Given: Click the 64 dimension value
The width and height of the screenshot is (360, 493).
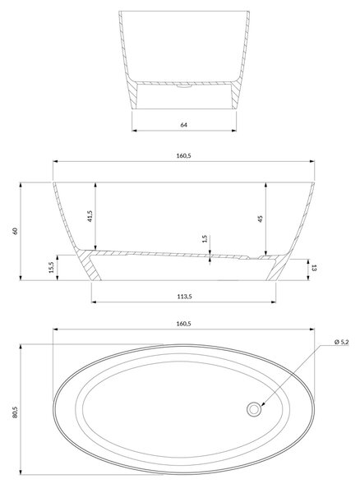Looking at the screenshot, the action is (x=183, y=125).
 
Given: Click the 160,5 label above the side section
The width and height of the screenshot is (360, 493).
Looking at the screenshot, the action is (x=183, y=155).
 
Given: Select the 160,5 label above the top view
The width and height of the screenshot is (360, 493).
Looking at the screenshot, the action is (x=183, y=324).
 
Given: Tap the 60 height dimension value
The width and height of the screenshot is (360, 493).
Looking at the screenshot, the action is (x=15, y=231).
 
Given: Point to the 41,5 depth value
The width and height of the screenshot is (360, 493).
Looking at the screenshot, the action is (x=90, y=217).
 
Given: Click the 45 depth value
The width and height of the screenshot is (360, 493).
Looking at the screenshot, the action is (x=261, y=219).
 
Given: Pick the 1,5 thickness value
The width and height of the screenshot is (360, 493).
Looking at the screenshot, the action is (x=205, y=239).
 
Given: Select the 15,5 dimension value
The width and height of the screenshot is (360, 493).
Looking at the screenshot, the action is (x=52, y=268).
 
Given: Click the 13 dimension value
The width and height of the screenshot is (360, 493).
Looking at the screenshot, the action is (x=313, y=268).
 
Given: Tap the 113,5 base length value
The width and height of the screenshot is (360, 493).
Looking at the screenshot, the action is (x=184, y=296).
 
